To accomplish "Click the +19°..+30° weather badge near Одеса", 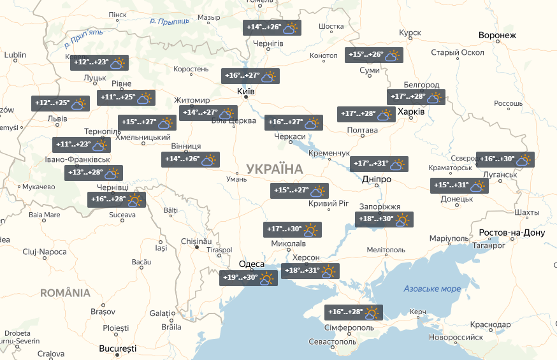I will [248, 278].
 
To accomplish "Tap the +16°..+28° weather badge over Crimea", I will [354, 313].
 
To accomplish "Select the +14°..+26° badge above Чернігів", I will [271, 28].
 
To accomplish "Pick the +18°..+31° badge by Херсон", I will [310, 271].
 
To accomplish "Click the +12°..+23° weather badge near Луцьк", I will [101, 63].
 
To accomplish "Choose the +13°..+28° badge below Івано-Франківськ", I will [94, 173].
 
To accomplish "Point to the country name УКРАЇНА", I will [274, 169].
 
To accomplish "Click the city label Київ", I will [245, 92].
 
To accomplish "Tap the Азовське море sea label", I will [432, 289].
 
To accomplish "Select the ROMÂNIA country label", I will [65, 293].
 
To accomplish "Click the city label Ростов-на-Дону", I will [512, 233].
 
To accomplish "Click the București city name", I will [118, 349].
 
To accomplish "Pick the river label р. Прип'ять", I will [83, 40].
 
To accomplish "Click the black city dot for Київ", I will [245, 97].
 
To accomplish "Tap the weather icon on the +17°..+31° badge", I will [397, 164].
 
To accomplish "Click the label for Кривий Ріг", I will [329, 204].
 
